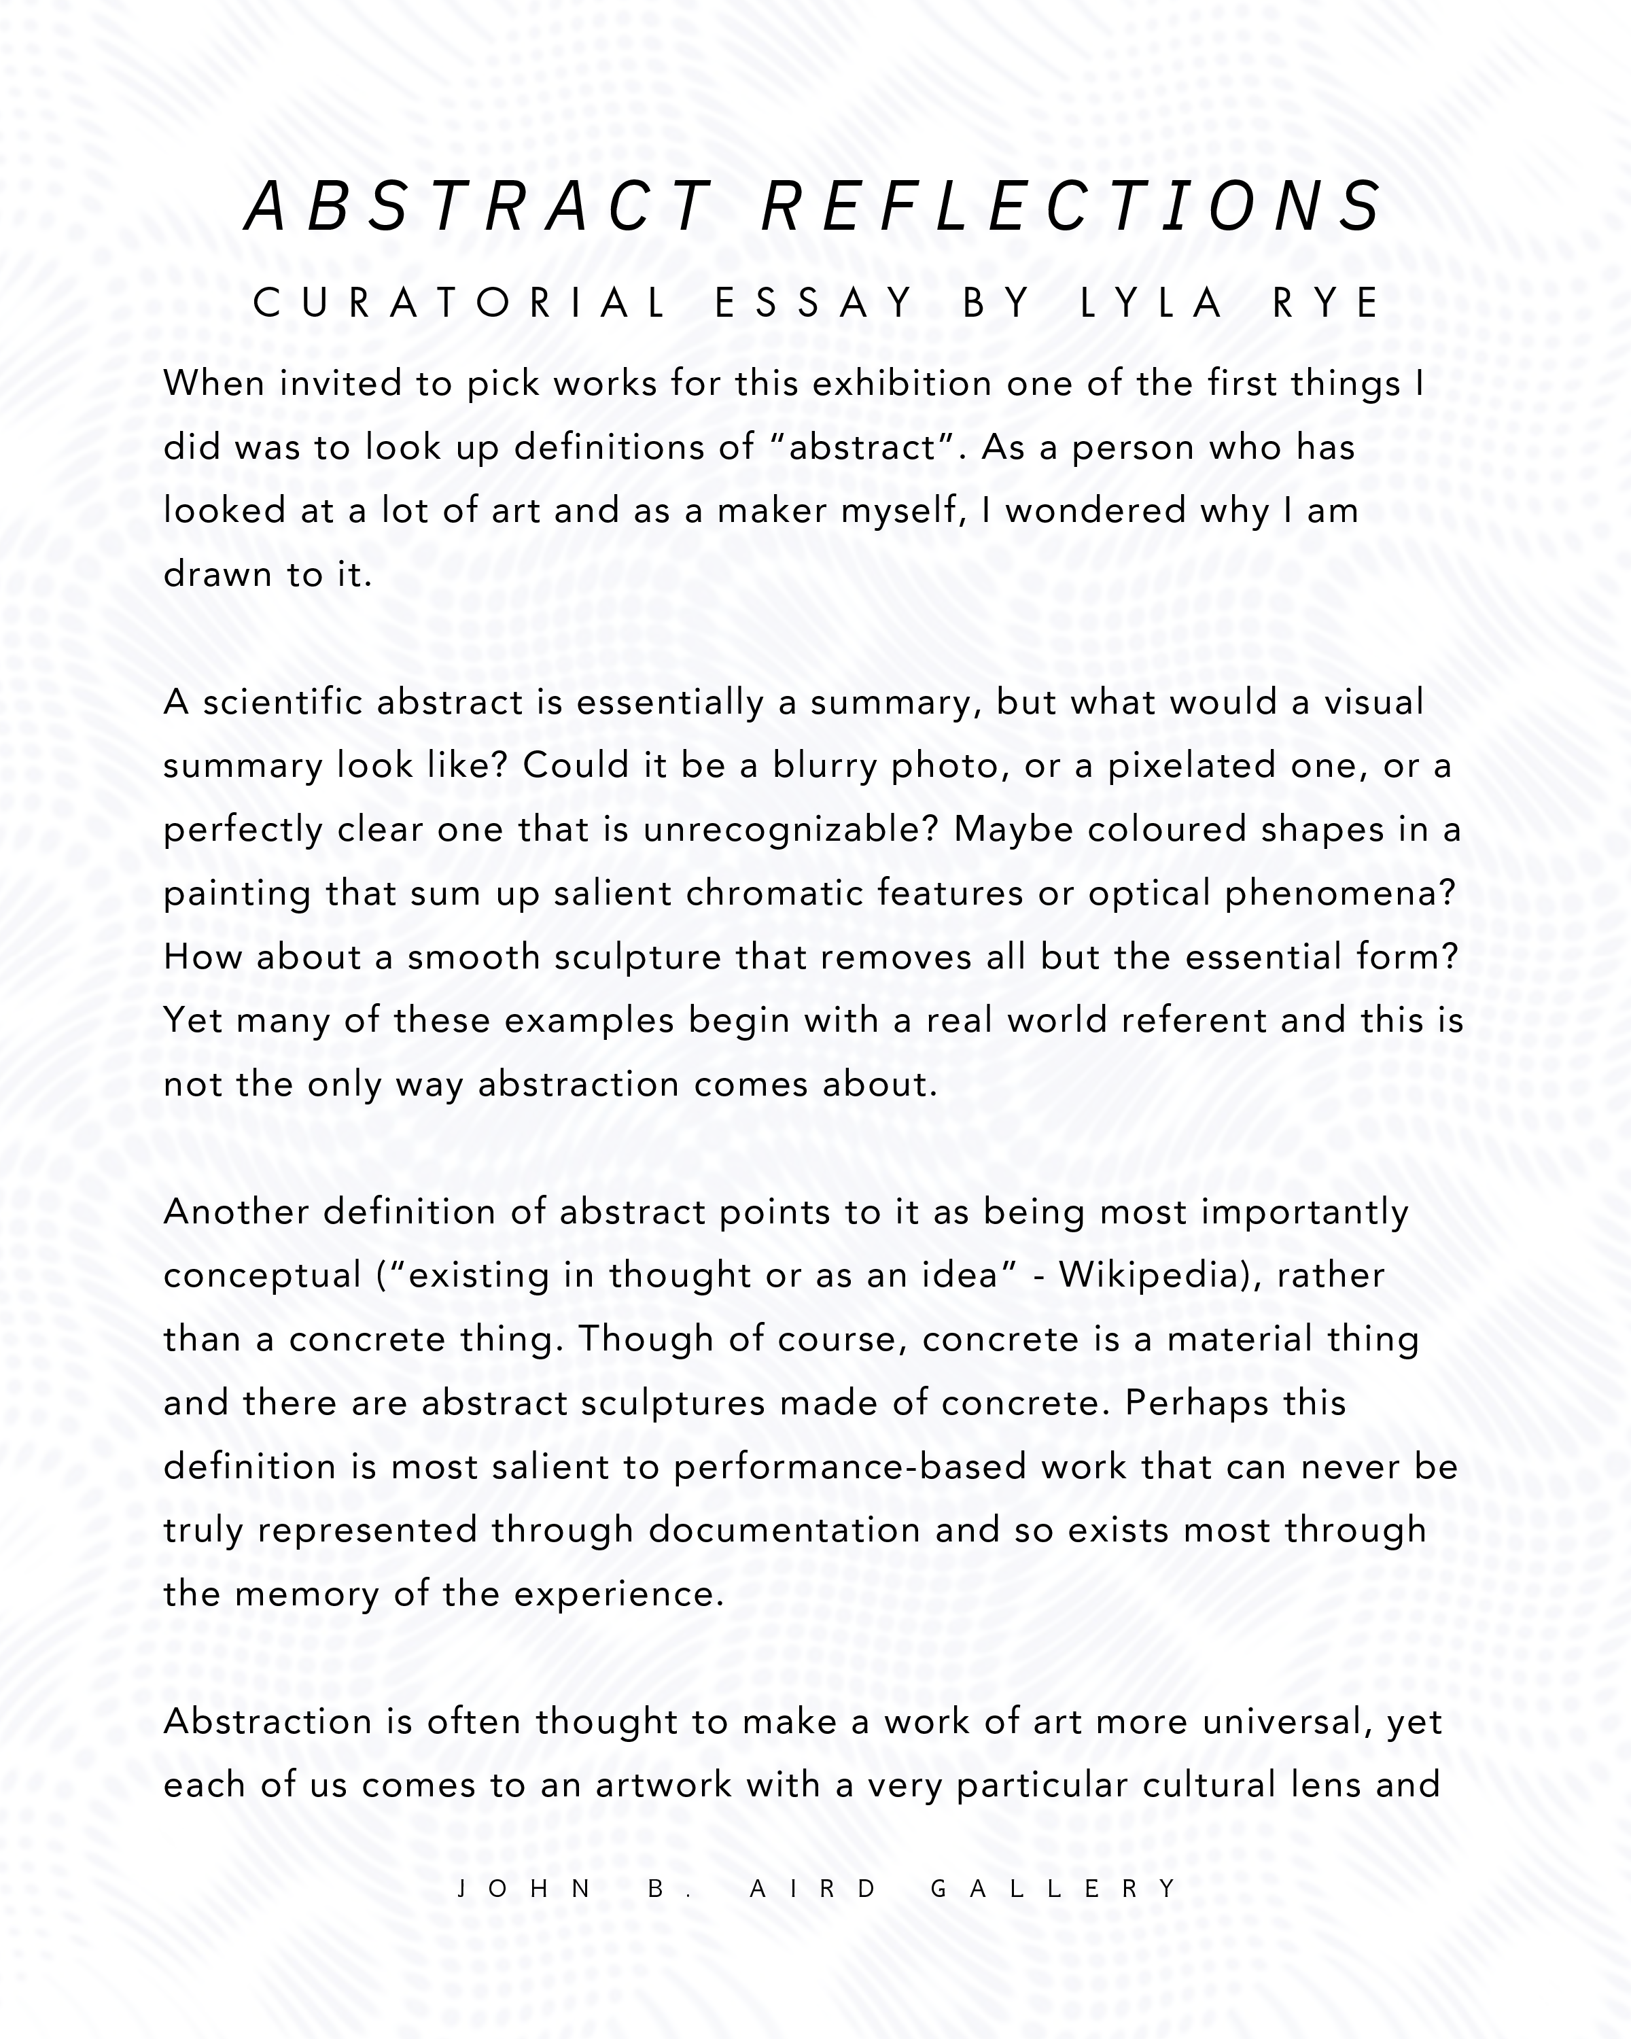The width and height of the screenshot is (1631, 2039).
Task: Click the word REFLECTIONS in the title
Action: [1073, 206]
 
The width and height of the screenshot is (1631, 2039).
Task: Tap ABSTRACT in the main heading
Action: [478, 206]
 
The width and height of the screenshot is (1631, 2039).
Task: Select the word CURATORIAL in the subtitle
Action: [461, 304]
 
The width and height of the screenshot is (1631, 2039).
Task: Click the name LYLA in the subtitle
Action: [1152, 304]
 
